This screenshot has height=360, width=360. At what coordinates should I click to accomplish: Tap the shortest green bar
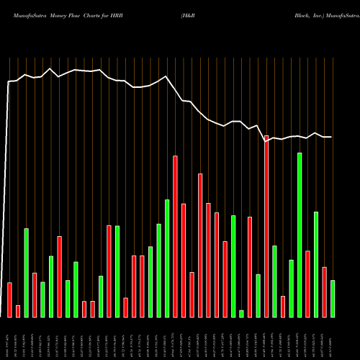241,313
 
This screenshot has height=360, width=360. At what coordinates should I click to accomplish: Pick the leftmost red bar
9,300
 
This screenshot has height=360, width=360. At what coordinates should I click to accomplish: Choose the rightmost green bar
333,298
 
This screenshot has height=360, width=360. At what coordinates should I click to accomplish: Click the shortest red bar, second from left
18,311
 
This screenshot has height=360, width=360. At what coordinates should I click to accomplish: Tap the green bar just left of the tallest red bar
258,295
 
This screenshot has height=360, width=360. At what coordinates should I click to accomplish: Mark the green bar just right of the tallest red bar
274,281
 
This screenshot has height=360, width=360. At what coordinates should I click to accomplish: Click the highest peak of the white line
50,69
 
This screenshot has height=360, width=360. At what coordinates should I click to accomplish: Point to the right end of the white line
331,137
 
